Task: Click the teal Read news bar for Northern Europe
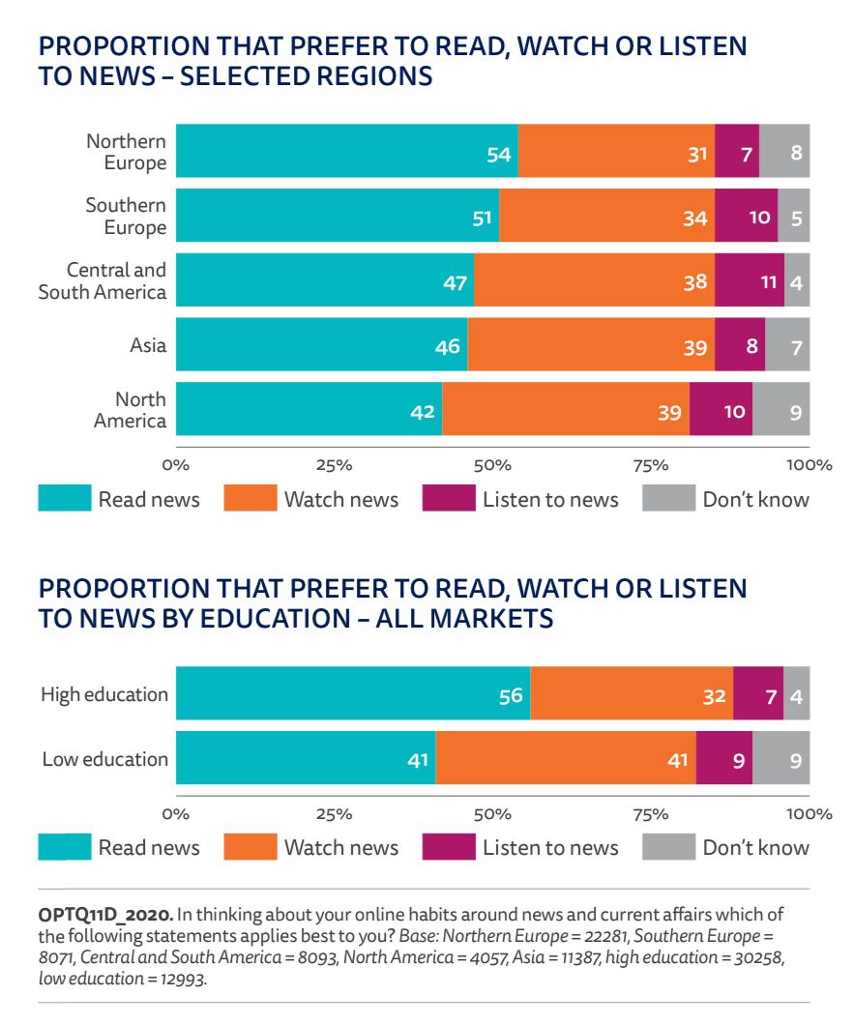pos(346,151)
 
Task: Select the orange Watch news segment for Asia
pos(591,344)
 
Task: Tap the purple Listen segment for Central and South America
pos(750,280)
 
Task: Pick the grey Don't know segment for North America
pos(781,410)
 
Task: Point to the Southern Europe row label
pos(126,216)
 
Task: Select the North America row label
pos(130,409)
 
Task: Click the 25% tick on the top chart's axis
pos(334,465)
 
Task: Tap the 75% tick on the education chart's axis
pos(650,814)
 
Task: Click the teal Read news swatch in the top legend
pos(64,498)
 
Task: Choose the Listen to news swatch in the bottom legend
pos(449,847)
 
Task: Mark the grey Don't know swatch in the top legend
pos(668,498)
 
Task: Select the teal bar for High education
pos(353,693)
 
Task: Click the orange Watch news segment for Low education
pos(566,757)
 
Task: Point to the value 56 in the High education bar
pos(511,696)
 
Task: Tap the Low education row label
pos(104,758)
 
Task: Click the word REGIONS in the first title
pos(368,76)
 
